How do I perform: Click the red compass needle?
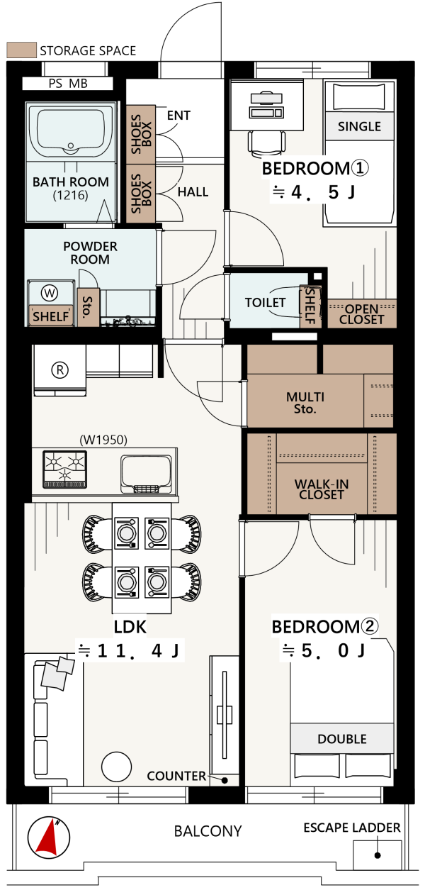point(47,838)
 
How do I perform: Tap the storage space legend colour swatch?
point(22,50)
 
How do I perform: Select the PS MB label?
point(68,84)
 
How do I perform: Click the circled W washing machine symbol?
point(50,293)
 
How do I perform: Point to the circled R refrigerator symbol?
point(60,370)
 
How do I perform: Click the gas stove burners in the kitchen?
point(64,469)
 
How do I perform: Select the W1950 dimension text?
point(103,440)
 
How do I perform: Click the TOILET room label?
point(265,303)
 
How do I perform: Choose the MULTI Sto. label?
point(305,403)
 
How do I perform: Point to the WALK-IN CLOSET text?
point(322,489)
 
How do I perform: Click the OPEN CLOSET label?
point(361,314)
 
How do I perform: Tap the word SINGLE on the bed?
point(359,126)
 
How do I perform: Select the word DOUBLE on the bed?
point(342,739)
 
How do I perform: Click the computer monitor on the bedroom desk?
point(266,98)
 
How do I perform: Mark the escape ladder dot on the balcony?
point(378,855)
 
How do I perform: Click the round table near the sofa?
point(116,767)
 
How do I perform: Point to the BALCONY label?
point(208,831)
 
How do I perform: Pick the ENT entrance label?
point(178,115)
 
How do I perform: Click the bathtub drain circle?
point(71,146)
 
